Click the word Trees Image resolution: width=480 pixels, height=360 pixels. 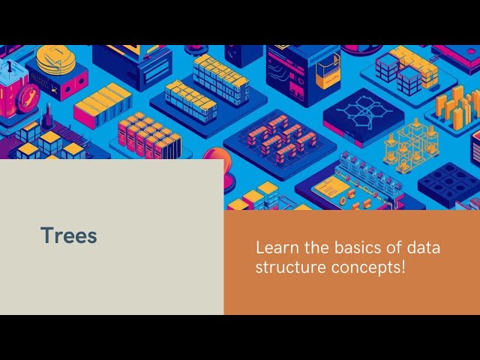69,235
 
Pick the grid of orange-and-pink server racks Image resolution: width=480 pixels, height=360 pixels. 147,135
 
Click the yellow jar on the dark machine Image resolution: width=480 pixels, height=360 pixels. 327,71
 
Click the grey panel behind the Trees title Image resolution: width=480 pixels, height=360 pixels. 112,270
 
